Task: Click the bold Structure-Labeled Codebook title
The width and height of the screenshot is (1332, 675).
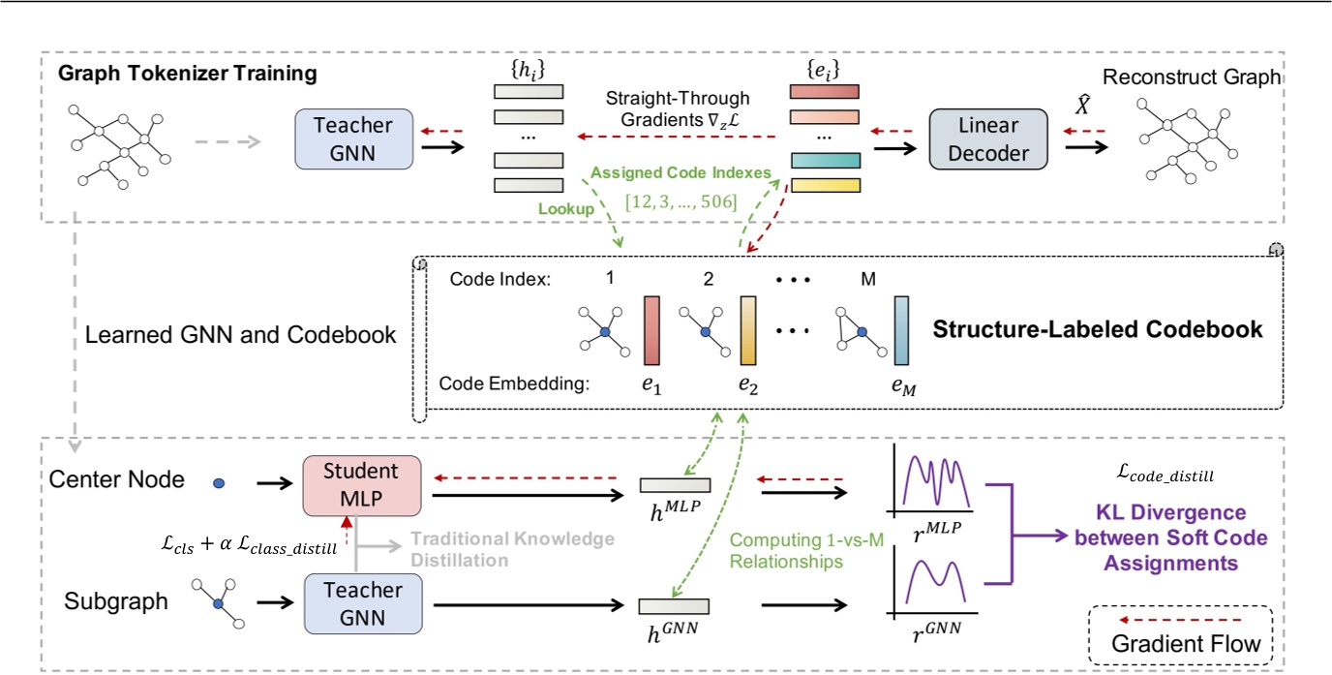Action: point(1097,329)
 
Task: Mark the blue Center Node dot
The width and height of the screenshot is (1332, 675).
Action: point(218,481)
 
